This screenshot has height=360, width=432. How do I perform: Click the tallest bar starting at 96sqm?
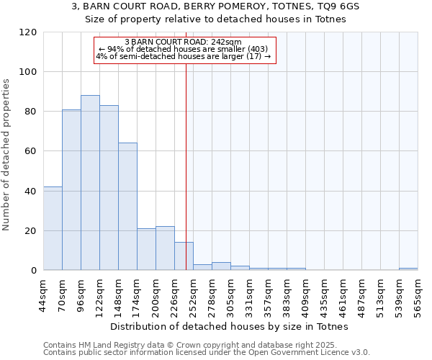(90, 183)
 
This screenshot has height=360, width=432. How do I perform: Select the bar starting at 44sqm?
(53, 228)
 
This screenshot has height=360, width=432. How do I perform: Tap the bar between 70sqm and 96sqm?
(71, 190)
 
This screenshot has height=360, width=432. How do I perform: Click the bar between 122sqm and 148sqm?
(109, 188)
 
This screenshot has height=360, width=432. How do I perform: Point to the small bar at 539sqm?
(408, 269)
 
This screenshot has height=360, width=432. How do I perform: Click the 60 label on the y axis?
(30, 152)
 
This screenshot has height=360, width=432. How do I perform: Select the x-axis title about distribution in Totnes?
(230, 326)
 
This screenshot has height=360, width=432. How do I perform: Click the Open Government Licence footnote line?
(207, 353)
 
